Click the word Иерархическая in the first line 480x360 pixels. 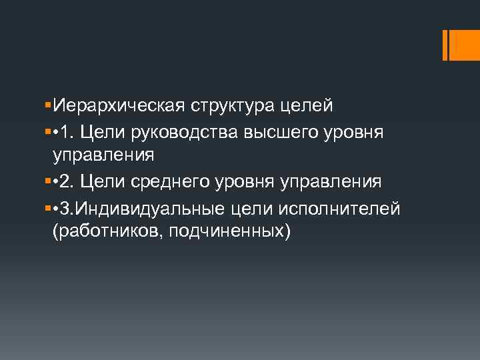pyautogui.click(x=118, y=106)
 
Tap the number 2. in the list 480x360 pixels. pyautogui.click(x=69, y=181)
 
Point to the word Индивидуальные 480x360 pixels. pyautogui.click(x=151, y=209)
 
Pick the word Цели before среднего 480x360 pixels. pyautogui.click(x=102, y=181)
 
